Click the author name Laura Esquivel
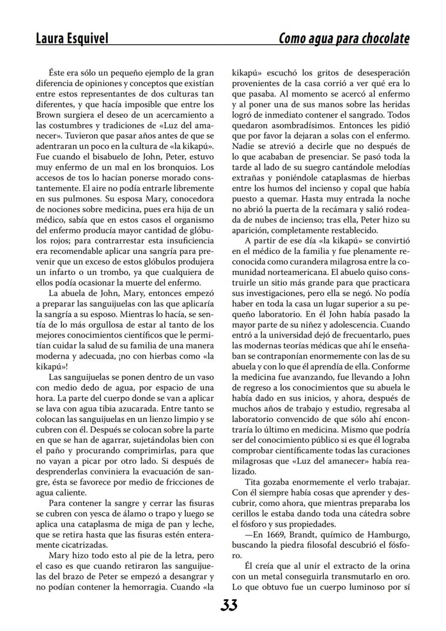pyautogui.click(x=72, y=39)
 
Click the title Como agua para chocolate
pyautogui.click(x=344, y=39)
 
